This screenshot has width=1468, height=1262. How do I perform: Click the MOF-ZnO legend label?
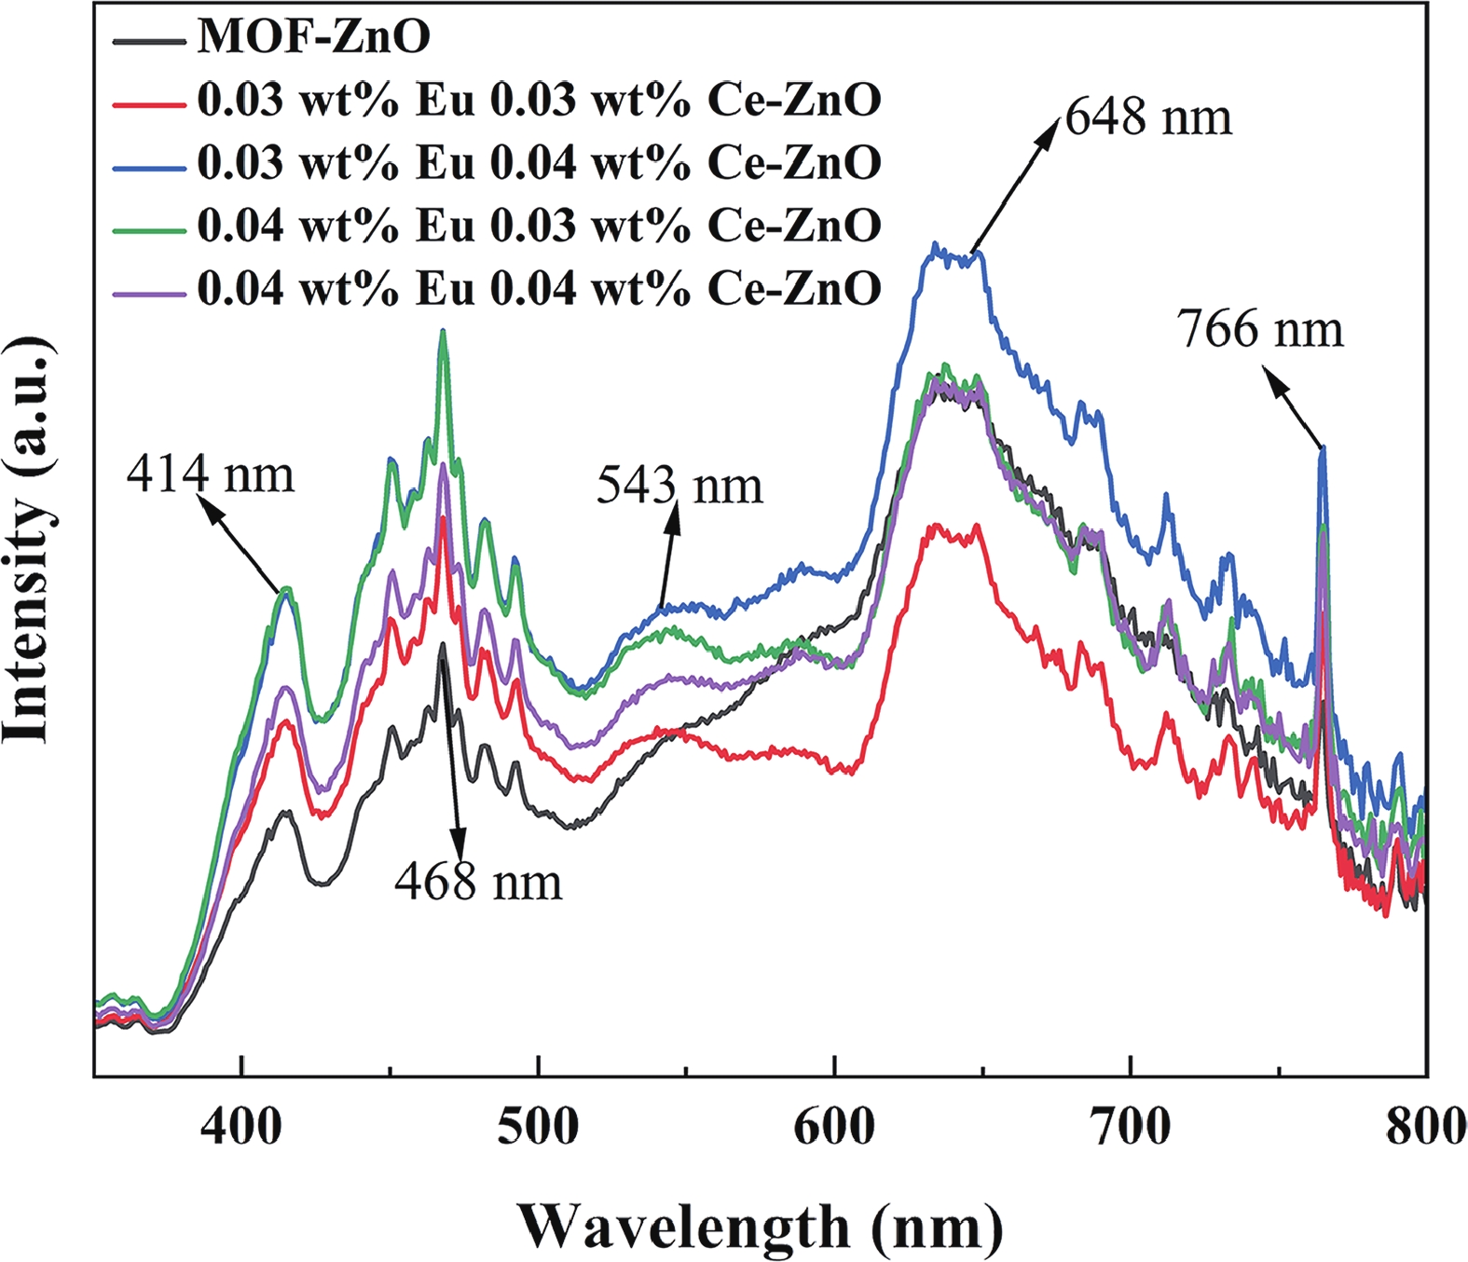314,37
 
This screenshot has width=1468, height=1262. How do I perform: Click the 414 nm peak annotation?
211,475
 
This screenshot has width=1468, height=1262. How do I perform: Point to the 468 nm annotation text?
478,882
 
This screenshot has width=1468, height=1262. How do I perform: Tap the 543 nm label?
679,487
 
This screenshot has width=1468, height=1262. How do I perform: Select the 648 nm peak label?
1148,118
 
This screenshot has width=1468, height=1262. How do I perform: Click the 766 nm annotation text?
1260,330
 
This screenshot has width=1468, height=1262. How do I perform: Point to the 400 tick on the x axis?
241,1127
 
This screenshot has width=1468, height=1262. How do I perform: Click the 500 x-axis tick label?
538,1127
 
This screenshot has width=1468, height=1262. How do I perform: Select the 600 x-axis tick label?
834,1127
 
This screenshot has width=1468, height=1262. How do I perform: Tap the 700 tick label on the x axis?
1131,1127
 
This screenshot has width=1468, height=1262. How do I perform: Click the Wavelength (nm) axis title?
760,1227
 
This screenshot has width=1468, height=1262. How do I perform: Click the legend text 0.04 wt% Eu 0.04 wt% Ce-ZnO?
539,289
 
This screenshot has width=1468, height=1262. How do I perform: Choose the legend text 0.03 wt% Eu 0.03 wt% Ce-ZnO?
539,100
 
